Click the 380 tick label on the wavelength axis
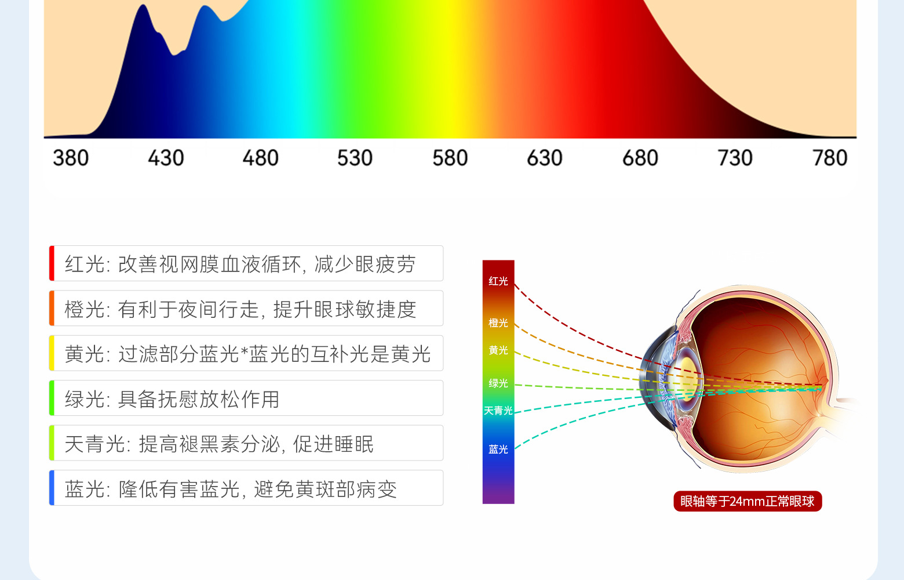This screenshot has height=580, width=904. pos(71,158)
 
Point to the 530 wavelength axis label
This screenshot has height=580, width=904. pos(355,158)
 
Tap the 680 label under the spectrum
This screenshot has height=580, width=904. pos(640,158)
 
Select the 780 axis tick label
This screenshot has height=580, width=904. pos(830,158)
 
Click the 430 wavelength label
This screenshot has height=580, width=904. pos(166,158)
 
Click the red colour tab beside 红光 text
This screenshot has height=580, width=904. pos(52,263)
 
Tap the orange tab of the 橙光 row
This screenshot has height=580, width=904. pos(52,308)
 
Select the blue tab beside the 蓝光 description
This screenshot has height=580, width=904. pos(52,488)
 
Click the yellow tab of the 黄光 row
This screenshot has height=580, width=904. pos(52,353)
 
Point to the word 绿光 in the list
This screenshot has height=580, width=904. pos(85,399)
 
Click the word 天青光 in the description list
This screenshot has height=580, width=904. pos(94,444)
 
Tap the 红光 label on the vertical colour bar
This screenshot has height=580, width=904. pos(498,281)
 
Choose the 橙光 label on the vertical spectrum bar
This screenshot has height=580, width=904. pos(498,322)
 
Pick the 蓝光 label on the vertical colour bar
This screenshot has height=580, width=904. pos(498,449)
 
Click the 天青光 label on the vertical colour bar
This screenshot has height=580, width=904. pos(498,411)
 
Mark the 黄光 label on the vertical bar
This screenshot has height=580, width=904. pos(498,350)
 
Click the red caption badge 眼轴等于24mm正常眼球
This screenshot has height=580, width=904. pos(748,501)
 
